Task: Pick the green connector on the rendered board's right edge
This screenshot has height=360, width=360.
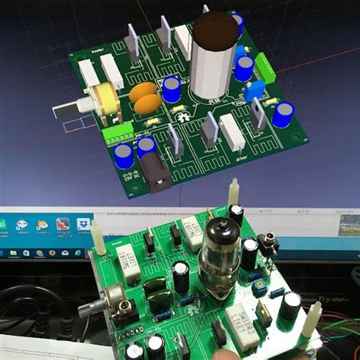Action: pyautogui.click(x=267, y=67)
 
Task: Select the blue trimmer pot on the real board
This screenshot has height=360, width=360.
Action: pyautogui.click(x=259, y=285)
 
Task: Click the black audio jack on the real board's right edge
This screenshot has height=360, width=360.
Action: pyautogui.click(x=267, y=245)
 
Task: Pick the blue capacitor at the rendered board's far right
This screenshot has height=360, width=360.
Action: pyautogui.click(x=283, y=115)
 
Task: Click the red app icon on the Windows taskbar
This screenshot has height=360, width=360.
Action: pyautogui.click(x=63, y=225)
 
